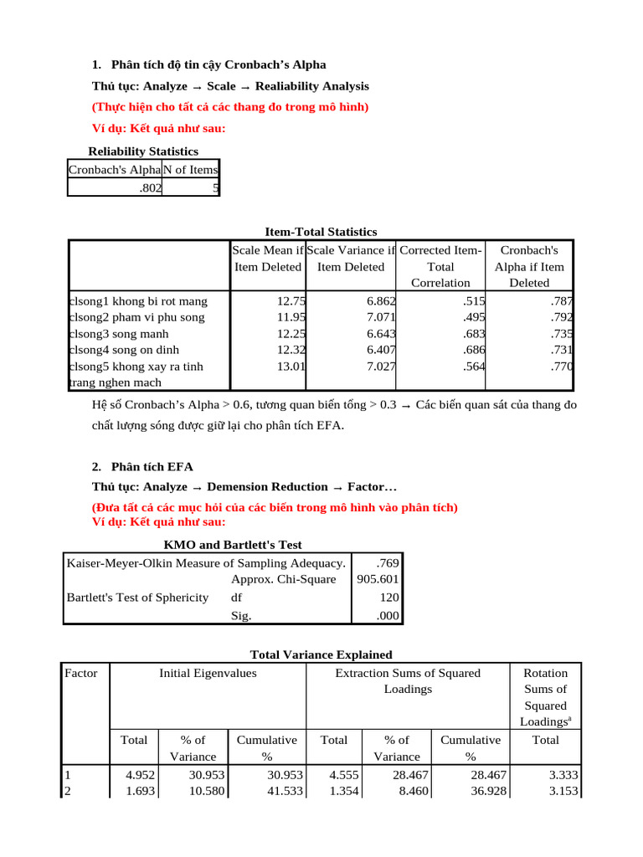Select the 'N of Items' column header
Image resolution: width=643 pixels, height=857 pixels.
190,170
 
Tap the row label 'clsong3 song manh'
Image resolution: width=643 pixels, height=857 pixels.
118,334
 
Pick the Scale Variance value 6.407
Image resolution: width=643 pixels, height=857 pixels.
381,350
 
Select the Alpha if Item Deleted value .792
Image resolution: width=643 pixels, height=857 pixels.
562,317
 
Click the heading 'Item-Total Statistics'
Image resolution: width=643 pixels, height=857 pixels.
321,232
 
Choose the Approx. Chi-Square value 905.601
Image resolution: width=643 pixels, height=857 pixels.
378,579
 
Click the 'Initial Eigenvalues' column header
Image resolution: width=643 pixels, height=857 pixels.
208,673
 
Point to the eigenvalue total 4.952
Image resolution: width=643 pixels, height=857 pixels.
140,775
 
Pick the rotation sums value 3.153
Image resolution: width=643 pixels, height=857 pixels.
562,791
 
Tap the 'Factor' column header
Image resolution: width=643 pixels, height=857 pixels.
80,673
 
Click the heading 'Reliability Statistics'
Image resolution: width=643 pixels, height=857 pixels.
143,151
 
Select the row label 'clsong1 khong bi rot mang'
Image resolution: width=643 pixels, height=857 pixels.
137,301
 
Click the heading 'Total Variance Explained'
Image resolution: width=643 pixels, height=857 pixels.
321,654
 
